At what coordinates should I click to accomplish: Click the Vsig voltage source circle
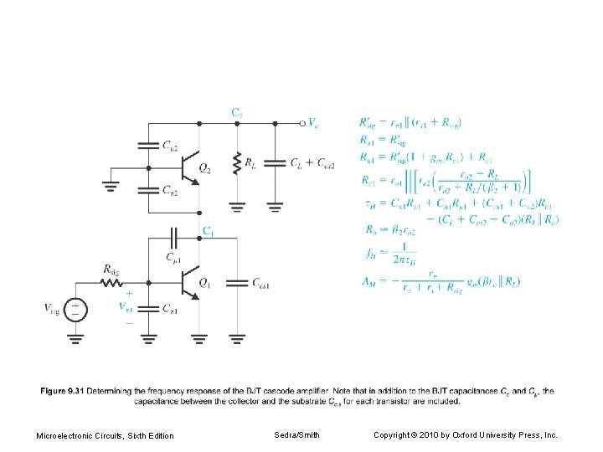tap(75, 310)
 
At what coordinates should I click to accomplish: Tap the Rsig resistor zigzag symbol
tap(112, 282)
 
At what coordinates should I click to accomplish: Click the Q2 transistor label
tap(204, 167)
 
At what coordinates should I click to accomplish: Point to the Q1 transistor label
tap(204, 282)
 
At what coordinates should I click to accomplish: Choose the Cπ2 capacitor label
tap(169, 191)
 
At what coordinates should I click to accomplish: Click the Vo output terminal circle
tap(302, 123)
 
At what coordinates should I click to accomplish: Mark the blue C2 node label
tap(237, 111)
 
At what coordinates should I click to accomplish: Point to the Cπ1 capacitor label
tap(169, 311)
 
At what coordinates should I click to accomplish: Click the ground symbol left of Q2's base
tap(111, 186)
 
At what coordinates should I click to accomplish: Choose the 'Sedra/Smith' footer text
tap(296, 435)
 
